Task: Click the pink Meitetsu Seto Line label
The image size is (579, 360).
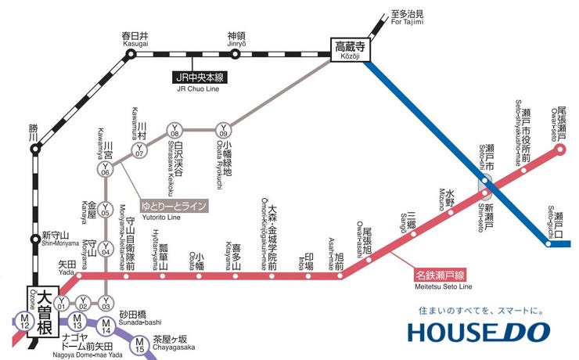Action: [x=440, y=275]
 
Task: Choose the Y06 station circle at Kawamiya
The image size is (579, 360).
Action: [x=106, y=169]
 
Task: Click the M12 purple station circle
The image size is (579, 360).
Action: [x=23, y=320]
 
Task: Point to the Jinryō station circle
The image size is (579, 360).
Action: [x=236, y=54]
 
